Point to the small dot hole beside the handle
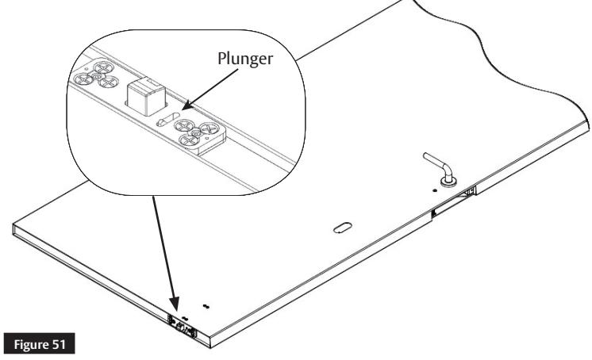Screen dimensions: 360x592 point(435,190)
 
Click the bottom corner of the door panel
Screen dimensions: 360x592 point(210,339)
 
